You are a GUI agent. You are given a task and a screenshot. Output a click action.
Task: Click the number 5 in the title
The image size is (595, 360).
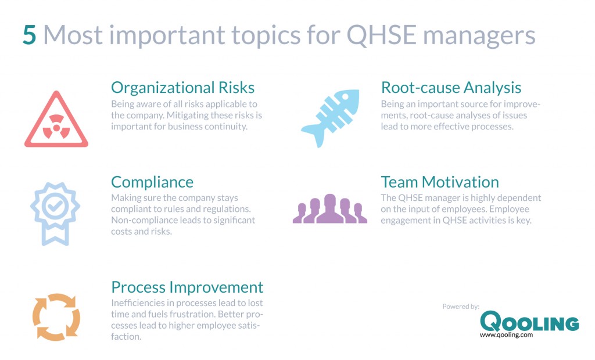30,35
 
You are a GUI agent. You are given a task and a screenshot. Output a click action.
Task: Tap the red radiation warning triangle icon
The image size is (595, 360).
56,120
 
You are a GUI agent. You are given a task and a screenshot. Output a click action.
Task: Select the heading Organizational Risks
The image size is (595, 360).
182,87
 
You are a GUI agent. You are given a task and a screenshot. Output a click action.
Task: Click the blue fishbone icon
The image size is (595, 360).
330,118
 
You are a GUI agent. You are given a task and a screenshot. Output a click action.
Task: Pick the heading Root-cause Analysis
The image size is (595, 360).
451,87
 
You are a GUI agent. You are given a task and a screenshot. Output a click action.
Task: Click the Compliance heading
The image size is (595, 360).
152,182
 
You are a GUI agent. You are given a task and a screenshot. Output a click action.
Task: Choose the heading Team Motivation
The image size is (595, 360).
440,182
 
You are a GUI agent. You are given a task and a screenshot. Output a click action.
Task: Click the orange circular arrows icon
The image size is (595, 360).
56,316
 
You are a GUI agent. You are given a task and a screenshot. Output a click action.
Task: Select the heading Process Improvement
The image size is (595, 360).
187,287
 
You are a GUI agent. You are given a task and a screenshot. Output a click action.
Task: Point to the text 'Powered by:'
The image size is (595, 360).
460,306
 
